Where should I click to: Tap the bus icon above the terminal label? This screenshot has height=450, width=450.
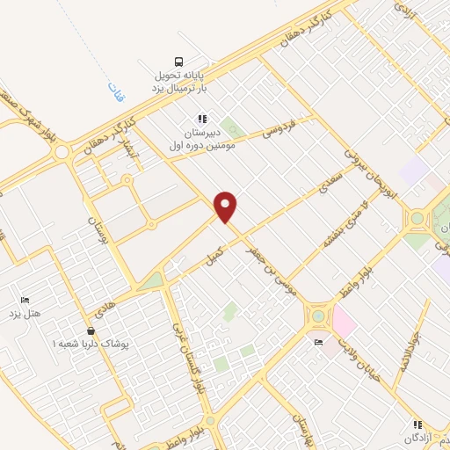point(179,61)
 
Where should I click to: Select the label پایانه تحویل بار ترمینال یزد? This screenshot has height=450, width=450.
point(179,81)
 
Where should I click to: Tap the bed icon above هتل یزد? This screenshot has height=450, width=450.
point(24,300)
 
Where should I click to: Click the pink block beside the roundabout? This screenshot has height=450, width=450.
point(344,324)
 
